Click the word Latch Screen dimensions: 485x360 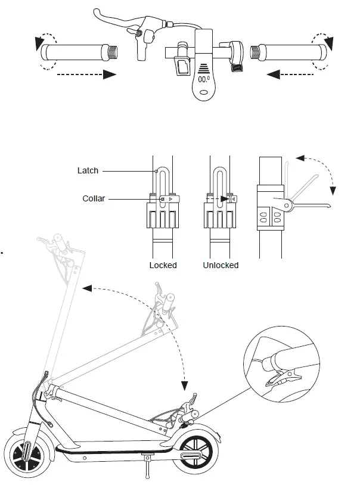click(88, 171)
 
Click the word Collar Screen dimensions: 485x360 click(94, 198)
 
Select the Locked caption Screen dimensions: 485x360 click(163, 265)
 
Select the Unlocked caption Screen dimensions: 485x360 click(221, 265)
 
